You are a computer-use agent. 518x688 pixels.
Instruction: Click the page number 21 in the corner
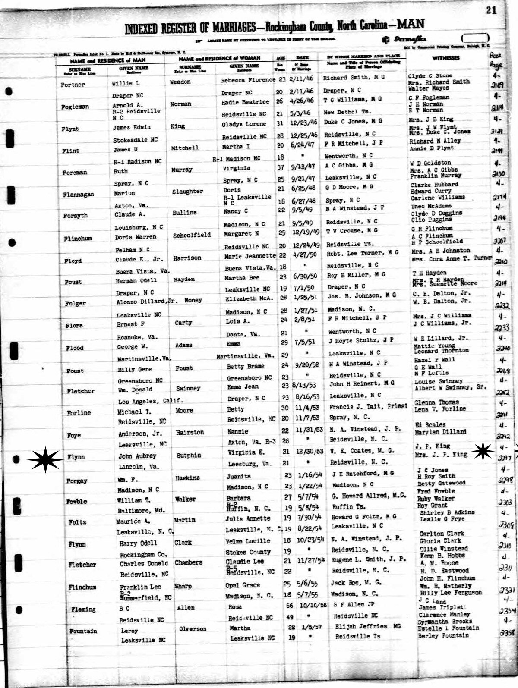(491, 10)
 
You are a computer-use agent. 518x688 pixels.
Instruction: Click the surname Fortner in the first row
(73, 85)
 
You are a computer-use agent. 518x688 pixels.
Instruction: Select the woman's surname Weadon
(180, 82)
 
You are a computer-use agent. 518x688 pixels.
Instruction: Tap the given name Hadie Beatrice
(245, 102)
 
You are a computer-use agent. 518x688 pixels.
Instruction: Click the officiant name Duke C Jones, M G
(353, 122)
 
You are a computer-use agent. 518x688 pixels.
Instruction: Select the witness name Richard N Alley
(435, 141)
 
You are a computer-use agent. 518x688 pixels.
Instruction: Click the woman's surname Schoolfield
(192, 235)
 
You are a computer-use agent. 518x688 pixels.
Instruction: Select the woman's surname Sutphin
(188, 455)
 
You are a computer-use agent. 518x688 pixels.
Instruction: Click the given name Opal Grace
(243, 585)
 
